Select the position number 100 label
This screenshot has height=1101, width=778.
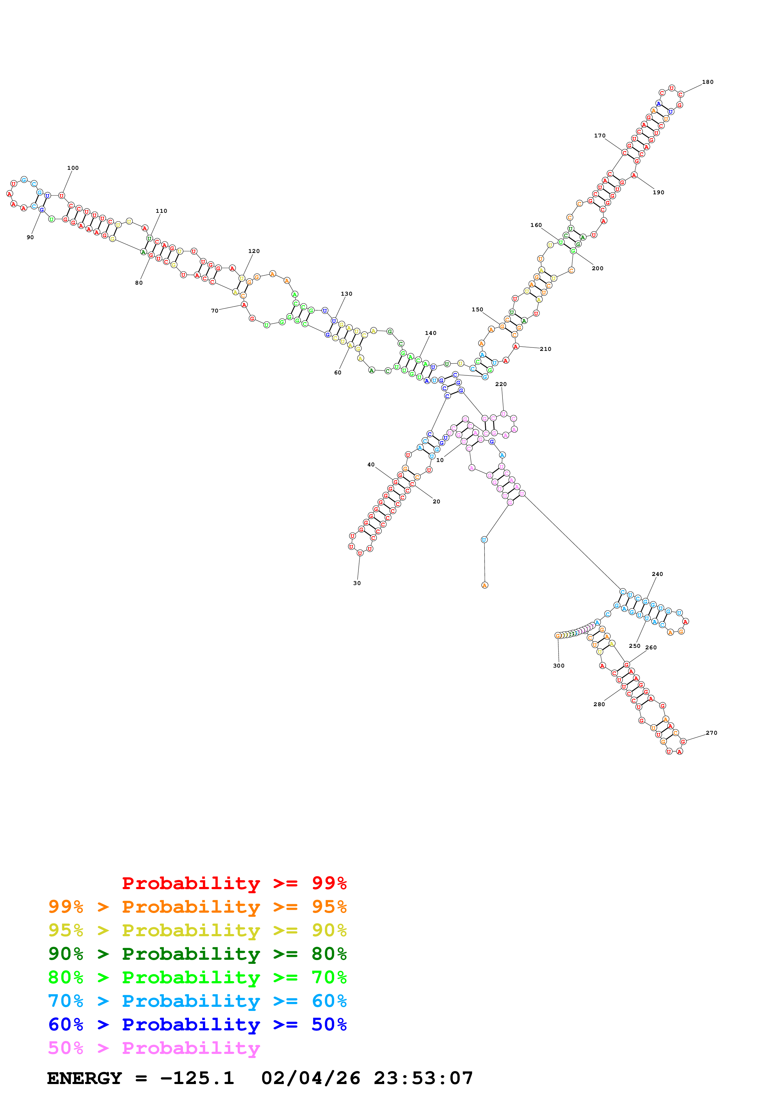pos(73,168)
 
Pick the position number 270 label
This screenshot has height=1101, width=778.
pos(711,733)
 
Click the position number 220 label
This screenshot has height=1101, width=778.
pos(501,384)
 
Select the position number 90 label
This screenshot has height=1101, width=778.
pos(30,237)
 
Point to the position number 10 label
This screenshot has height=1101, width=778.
pos(440,460)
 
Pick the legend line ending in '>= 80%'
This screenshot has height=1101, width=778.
pos(197,954)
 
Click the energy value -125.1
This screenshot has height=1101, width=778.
pos(197,1078)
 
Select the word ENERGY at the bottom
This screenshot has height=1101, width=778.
pos(84,1078)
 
